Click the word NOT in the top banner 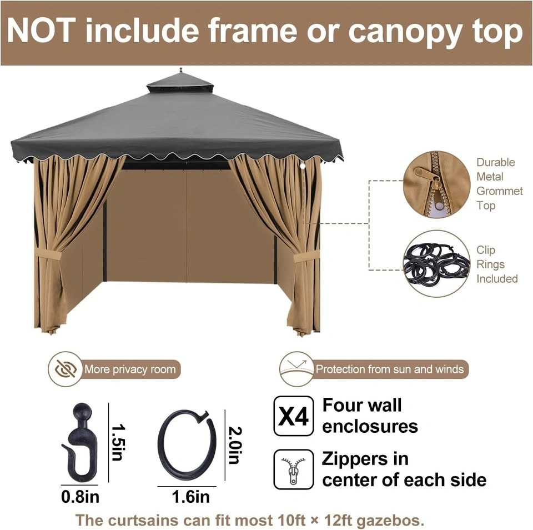click(x=42, y=31)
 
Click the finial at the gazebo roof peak click(x=180, y=70)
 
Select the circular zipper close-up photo click(x=436, y=184)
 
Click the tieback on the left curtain click(x=48, y=254)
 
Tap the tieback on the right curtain click(x=306, y=256)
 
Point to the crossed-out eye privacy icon click(x=66, y=369)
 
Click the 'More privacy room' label click(x=130, y=369)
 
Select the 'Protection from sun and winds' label click(x=390, y=369)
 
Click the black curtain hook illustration click(x=80, y=442)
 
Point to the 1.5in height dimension click(x=118, y=442)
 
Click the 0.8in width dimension click(x=80, y=496)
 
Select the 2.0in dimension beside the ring click(x=235, y=445)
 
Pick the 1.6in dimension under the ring click(x=190, y=497)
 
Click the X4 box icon click(x=293, y=416)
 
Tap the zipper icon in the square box click(x=293, y=469)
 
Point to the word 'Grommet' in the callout click(x=499, y=191)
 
